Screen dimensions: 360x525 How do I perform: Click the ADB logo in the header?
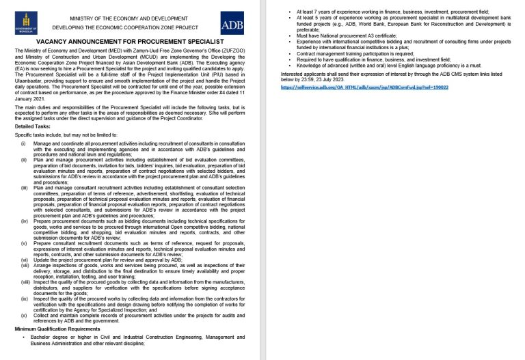(x=232, y=23)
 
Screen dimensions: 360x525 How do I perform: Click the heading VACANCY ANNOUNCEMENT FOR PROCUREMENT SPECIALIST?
(x=129, y=42)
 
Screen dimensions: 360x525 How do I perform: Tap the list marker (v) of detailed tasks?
(x=23, y=243)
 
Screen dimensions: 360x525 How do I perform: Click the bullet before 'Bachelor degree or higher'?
(x=23, y=337)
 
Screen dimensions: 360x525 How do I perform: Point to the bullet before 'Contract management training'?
(x=291, y=53)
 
